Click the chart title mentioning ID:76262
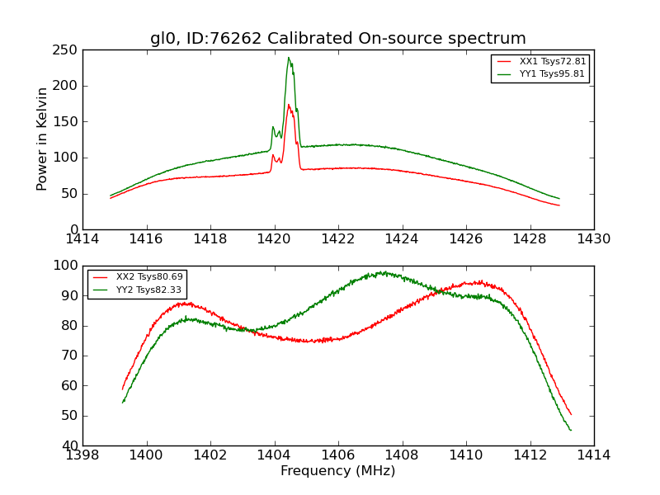coord(337,38)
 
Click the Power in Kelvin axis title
coord(42,139)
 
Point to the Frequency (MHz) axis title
coord(337,471)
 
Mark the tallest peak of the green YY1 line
coord(289,58)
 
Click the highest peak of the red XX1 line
coord(289,105)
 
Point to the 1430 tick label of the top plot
coord(593,239)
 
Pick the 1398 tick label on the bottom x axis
coord(82,455)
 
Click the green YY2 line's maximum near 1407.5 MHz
coord(384,272)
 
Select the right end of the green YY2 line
coord(570,430)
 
